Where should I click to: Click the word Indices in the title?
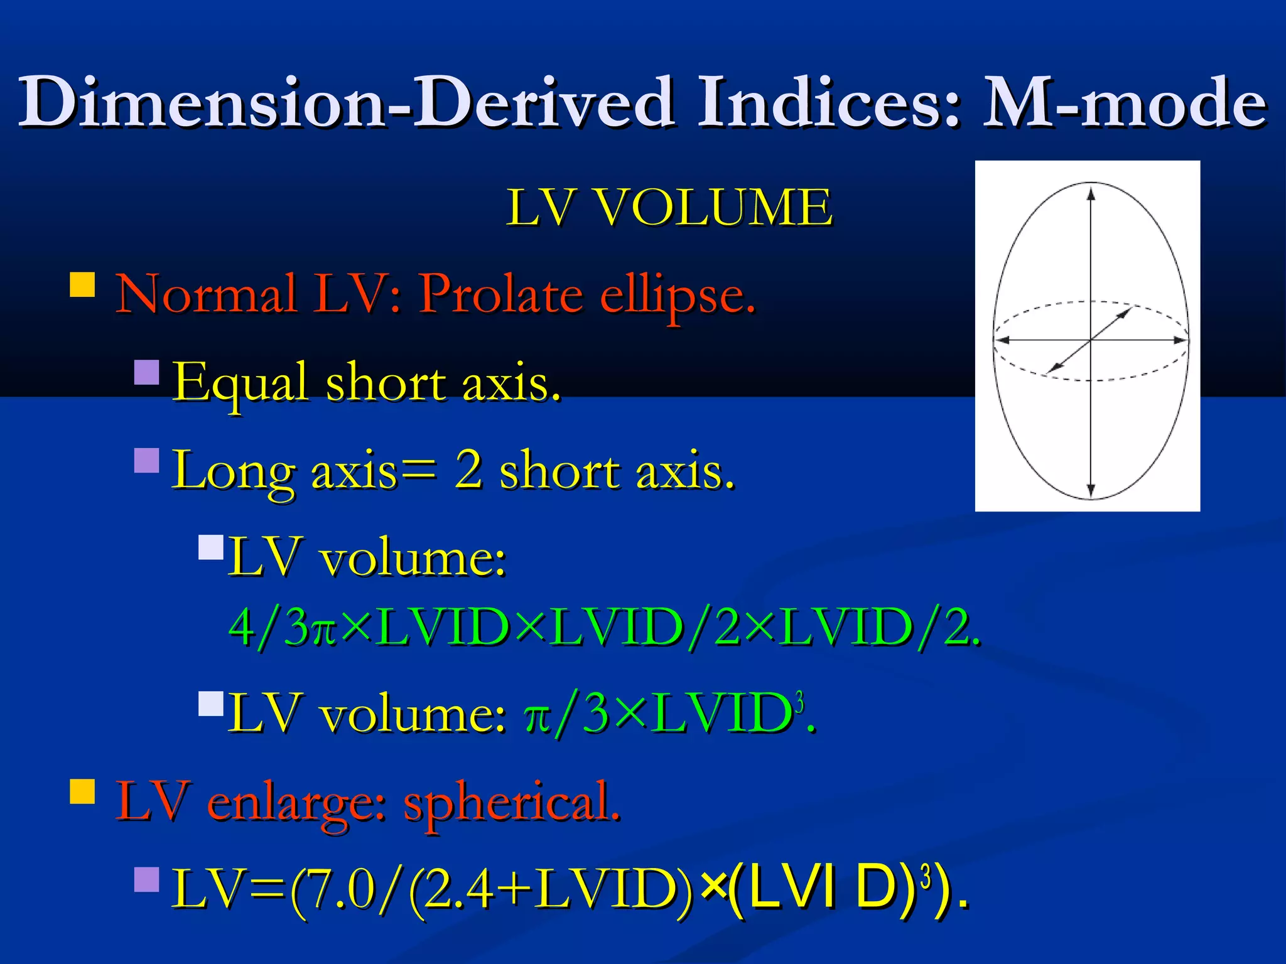click(x=829, y=102)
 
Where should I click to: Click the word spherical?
click(x=512, y=803)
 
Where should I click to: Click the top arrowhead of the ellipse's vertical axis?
click(x=1091, y=193)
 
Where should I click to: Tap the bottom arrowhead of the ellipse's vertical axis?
click(x=1091, y=490)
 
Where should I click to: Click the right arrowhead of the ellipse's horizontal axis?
click(x=1181, y=340)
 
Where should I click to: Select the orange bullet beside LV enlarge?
click(x=82, y=792)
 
